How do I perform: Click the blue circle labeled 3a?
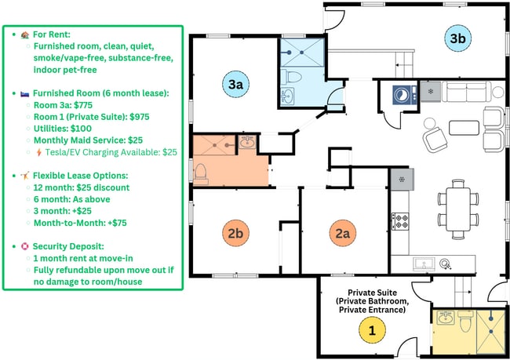235,83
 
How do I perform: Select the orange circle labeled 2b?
234,232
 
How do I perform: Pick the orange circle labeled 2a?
343,232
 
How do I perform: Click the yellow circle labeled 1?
372,330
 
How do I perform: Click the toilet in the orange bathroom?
200,170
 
